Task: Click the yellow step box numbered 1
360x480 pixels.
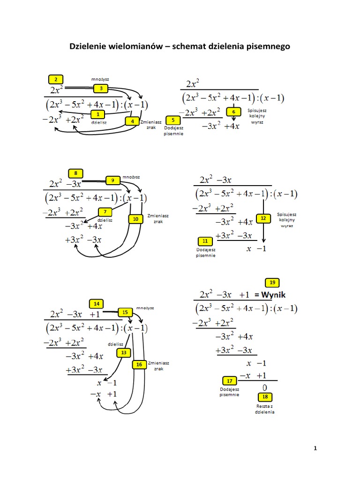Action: click(x=97, y=114)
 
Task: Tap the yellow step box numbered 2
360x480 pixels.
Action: click(x=56, y=79)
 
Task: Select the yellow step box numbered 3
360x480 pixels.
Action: click(x=101, y=88)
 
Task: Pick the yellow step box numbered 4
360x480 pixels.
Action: click(x=133, y=121)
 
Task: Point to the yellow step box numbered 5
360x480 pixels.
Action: click(x=173, y=120)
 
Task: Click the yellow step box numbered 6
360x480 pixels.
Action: click(x=233, y=112)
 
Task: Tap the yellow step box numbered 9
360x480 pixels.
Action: click(x=113, y=180)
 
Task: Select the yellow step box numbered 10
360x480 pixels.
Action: click(x=135, y=219)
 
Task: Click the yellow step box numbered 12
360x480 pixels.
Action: click(x=263, y=218)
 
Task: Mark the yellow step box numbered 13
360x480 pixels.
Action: click(x=124, y=352)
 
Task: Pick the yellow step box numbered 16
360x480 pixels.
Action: click(x=139, y=364)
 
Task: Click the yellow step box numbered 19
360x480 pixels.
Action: click(x=272, y=282)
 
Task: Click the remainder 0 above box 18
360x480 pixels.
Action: click(x=264, y=387)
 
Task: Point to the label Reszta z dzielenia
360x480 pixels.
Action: click(x=264, y=409)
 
